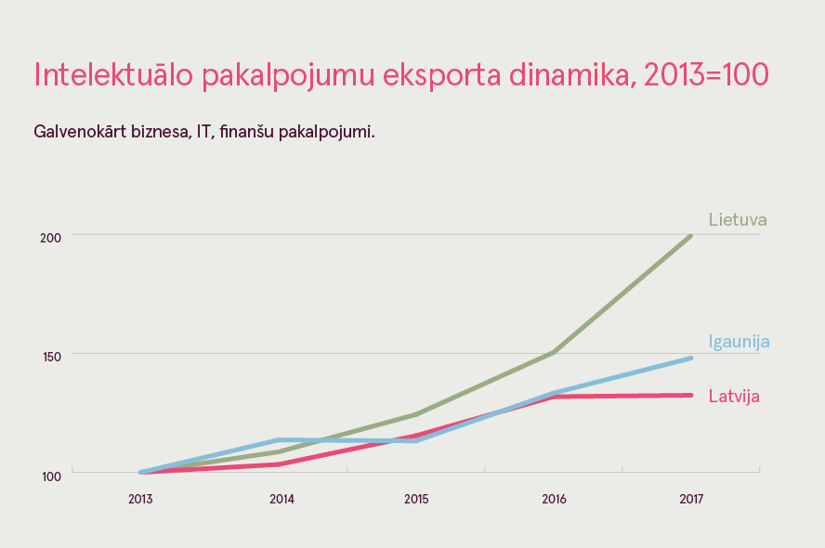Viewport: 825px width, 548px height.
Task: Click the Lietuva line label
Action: coord(737,220)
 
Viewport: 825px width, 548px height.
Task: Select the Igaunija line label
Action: coord(739,341)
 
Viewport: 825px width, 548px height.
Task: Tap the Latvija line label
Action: coord(734,397)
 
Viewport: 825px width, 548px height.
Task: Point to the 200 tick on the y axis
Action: coord(50,237)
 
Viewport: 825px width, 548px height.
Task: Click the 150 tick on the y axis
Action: coord(50,356)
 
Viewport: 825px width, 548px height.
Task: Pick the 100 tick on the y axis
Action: coord(50,476)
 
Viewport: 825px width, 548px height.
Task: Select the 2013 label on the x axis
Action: coord(140,500)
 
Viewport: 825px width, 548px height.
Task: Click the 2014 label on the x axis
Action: coord(282,500)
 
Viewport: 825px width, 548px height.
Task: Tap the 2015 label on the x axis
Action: coord(416,500)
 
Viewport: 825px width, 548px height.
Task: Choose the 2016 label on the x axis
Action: coord(554,500)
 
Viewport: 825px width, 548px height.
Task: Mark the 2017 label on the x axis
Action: coord(691,500)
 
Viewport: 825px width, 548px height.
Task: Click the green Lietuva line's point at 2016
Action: coord(554,352)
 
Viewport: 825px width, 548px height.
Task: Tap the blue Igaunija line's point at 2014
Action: coord(279,439)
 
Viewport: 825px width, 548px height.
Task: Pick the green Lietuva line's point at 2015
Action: coord(416,414)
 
